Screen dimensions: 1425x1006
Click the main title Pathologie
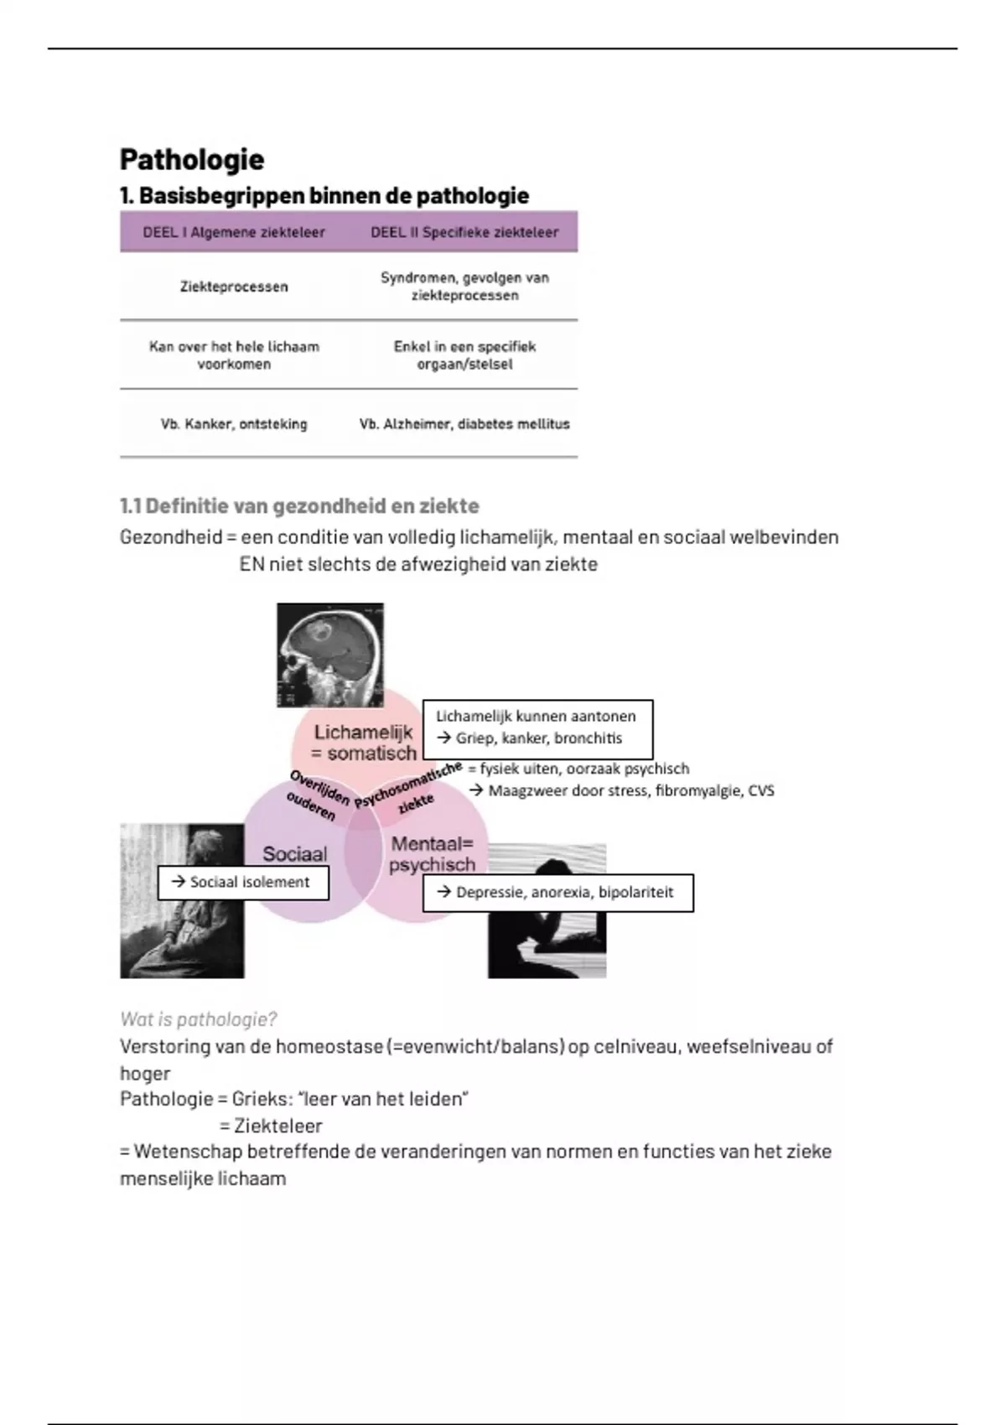pyautogui.click(x=192, y=159)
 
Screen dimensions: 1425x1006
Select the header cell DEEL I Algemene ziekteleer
pyautogui.click(x=234, y=232)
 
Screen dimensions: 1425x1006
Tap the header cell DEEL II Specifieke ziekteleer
pyautogui.click(x=464, y=232)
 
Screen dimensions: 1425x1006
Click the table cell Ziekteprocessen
pyautogui.click(x=234, y=287)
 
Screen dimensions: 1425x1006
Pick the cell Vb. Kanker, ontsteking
pyautogui.click(x=234, y=424)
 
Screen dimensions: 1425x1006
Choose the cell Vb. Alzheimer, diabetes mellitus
pyautogui.click(x=464, y=424)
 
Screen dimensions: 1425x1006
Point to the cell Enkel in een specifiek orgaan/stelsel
pyautogui.click(x=464, y=355)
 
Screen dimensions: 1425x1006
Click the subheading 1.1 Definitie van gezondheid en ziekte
pyautogui.click(x=299, y=506)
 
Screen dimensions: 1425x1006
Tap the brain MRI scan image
pyautogui.click(x=330, y=655)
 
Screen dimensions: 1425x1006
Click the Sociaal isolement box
pyautogui.click(x=243, y=883)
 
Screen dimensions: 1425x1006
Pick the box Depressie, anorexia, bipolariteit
pyautogui.click(x=558, y=893)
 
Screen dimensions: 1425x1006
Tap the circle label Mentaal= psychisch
pyautogui.click(x=432, y=854)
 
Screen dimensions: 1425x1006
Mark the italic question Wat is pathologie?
pyautogui.click(x=198, y=1019)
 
